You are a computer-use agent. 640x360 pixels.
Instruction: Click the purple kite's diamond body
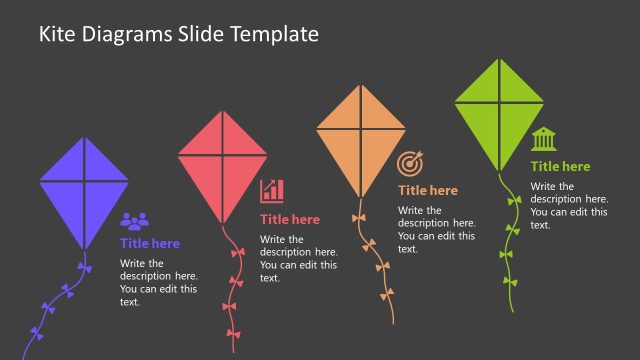pyautogui.click(x=84, y=190)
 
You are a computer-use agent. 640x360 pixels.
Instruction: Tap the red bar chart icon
pyautogui.click(x=272, y=191)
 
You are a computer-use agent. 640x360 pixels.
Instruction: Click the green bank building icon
pyautogui.click(x=544, y=138)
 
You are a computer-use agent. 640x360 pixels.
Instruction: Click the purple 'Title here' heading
pyautogui.click(x=150, y=243)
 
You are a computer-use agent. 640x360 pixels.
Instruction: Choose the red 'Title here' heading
pyautogui.click(x=290, y=219)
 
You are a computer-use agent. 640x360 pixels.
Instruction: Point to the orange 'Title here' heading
pyautogui.click(x=428, y=190)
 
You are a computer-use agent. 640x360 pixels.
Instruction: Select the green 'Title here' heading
pyautogui.click(x=560, y=166)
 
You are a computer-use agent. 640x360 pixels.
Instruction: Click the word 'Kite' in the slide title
pyautogui.click(x=57, y=34)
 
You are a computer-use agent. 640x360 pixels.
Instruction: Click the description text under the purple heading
pyautogui.click(x=158, y=283)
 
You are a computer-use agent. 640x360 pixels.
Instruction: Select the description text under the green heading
pyautogui.click(x=568, y=206)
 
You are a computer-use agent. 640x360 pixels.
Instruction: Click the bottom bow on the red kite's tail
pyautogui.click(x=232, y=334)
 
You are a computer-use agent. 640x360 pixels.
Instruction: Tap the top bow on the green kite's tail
pyautogui.click(x=514, y=201)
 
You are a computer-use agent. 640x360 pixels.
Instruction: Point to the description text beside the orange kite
pyautogui.click(x=436, y=230)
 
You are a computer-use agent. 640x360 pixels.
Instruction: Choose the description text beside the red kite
pyautogui.click(x=298, y=259)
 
